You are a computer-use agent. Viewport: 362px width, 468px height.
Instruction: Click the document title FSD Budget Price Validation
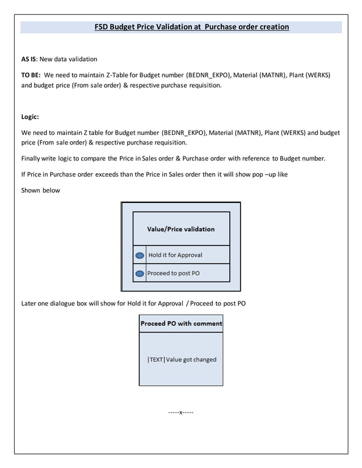pos(192,27)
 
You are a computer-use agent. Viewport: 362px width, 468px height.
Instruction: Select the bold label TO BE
pos(30,75)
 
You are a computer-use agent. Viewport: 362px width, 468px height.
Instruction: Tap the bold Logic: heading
pos(30,117)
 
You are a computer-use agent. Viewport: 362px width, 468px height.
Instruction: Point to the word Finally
pos(32,158)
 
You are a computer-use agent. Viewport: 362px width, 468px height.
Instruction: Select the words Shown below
pos(40,190)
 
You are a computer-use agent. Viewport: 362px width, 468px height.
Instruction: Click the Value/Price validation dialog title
pos(180,229)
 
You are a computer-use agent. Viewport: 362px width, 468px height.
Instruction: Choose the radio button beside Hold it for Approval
pos(140,256)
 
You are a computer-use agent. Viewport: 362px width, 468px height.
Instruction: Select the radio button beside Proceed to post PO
pos(140,274)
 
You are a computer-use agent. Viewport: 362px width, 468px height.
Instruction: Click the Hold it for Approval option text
pos(175,255)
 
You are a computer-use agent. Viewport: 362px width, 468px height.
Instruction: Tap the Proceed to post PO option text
pos(173,273)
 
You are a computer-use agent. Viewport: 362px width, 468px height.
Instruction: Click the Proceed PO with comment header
pos(181,324)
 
